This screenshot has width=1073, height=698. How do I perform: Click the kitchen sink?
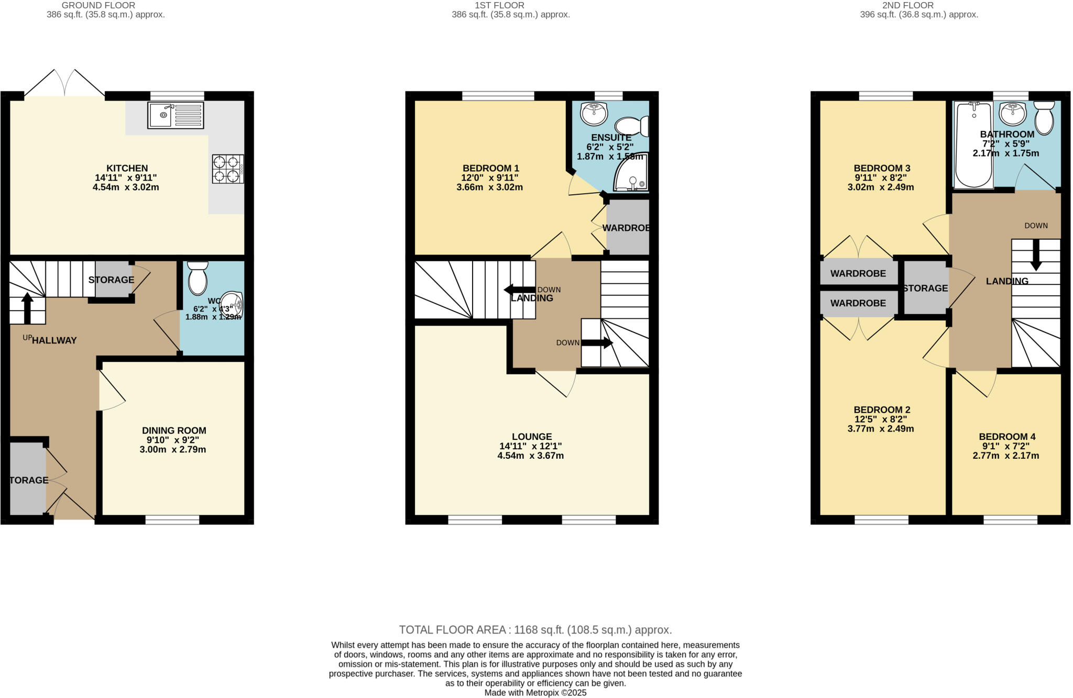(x=176, y=115)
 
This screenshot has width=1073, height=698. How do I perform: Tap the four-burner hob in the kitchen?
(x=228, y=169)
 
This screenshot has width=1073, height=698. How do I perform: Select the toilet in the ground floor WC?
(x=198, y=278)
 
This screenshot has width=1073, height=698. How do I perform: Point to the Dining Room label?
(x=174, y=430)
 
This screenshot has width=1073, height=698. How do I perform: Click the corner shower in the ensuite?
(x=631, y=173)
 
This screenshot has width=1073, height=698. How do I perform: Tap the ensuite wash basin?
(x=594, y=114)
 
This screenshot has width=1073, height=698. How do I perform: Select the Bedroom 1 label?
(x=490, y=168)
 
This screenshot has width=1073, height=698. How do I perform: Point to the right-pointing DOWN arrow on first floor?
(x=597, y=343)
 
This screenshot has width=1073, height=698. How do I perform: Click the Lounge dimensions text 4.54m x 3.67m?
(x=530, y=456)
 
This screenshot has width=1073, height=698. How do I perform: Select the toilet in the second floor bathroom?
(x=1044, y=118)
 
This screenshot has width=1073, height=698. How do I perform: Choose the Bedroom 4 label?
(x=1006, y=437)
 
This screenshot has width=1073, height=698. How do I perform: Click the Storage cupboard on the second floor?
(x=925, y=288)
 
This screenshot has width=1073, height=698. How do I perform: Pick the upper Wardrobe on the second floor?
(x=858, y=273)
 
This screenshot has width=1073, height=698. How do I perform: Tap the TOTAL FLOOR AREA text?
(x=535, y=629)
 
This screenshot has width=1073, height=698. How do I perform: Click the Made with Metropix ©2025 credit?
(x=535, y=692)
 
